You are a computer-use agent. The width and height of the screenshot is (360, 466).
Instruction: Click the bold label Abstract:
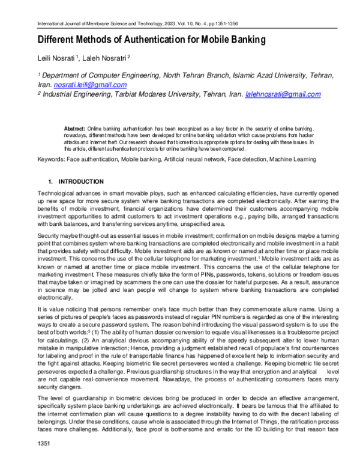tap(74, 129)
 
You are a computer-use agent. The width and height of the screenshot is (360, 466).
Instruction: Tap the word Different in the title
tap(58, 40)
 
